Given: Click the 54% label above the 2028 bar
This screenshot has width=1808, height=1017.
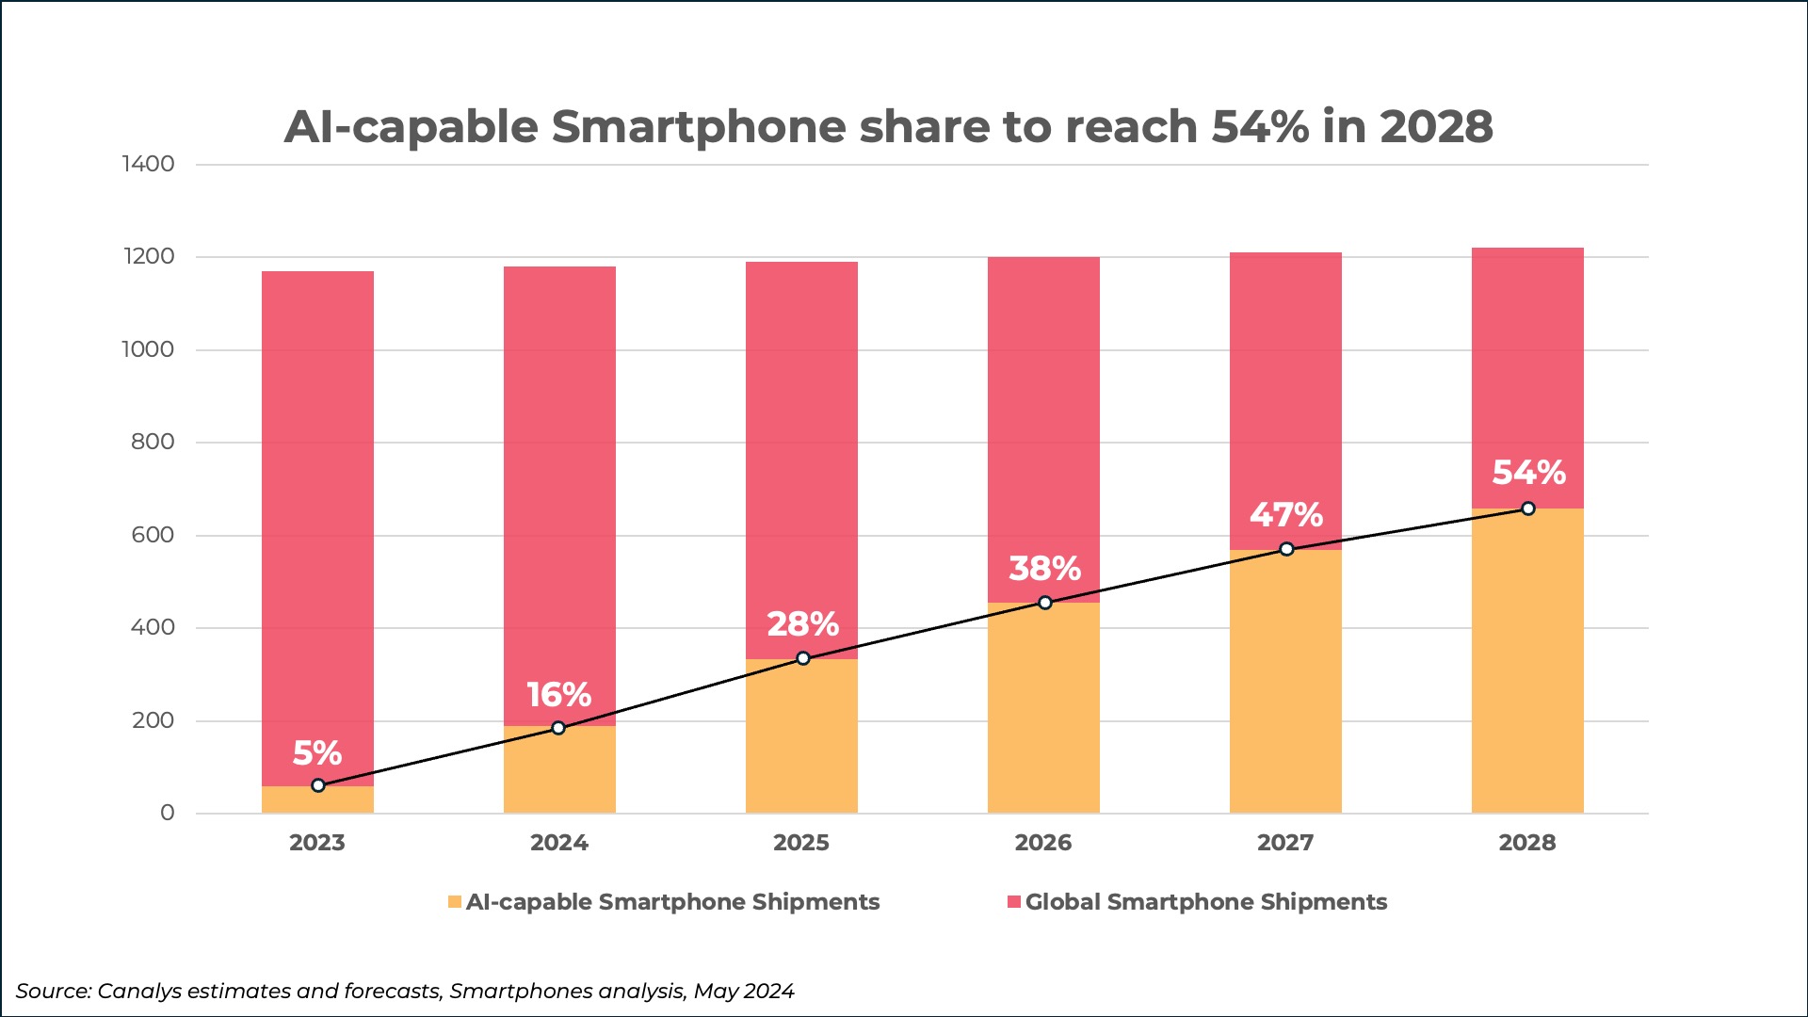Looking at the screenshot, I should coord(1528,472).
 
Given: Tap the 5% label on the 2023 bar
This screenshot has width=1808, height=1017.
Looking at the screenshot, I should coord(317,752).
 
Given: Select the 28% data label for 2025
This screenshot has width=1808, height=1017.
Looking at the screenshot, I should coord(802,623).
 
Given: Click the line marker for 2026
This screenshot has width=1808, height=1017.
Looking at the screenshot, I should coord(1044,603).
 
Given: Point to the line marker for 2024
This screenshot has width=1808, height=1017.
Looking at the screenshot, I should coord(558,728).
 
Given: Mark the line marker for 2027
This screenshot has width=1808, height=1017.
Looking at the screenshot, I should coord(1286,549).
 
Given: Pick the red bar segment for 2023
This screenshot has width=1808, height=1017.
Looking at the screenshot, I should coord(317,527).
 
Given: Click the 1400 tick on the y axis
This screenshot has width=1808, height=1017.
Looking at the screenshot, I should coord(148,164).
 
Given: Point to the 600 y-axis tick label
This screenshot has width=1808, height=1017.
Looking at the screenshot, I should coord(153,535).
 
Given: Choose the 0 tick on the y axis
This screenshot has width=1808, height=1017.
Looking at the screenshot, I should coord(167,813).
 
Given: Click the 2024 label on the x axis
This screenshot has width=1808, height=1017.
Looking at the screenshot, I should coord(559,843).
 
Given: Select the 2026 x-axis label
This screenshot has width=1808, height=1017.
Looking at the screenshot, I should coord(1043,843).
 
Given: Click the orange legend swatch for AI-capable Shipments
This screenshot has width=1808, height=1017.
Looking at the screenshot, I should coord(455,902).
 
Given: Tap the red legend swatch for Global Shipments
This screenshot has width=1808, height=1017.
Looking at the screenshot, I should coord(1014,902).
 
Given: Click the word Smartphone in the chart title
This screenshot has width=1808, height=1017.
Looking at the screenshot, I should coord(698,126).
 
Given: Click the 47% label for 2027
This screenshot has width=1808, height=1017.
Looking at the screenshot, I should coord(1286,514).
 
